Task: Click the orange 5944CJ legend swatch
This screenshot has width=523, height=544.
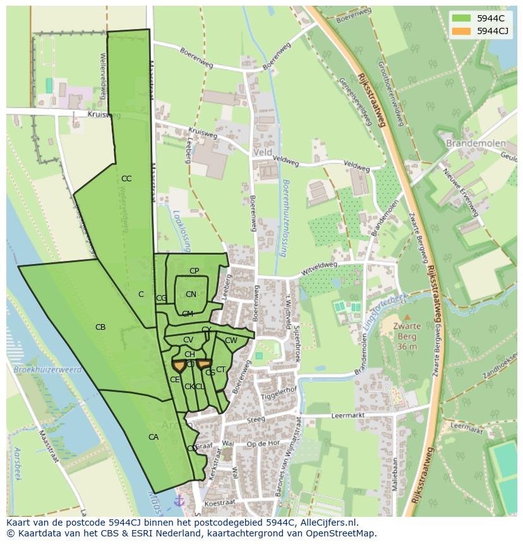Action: coord(461,31)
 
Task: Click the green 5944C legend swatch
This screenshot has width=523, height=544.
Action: coord(461,18)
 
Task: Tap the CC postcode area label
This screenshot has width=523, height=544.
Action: coord(126,179)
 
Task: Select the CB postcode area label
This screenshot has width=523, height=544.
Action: coord(100,327)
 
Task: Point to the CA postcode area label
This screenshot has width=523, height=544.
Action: coord(153,437)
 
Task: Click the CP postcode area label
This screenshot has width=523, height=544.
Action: coord(194,271)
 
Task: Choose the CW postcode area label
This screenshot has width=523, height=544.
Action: coord(231,341)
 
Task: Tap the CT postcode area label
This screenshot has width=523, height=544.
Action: coord(221,370)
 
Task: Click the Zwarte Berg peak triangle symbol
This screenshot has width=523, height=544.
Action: coord(407,317)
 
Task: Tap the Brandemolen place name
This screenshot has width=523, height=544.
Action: coord(476,143)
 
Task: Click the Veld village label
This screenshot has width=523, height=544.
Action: coord(262,152)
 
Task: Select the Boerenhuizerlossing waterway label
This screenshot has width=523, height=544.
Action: coord(286,218)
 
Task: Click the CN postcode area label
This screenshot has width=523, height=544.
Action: coord(191,294)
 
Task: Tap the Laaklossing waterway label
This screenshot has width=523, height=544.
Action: coord(177,231)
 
